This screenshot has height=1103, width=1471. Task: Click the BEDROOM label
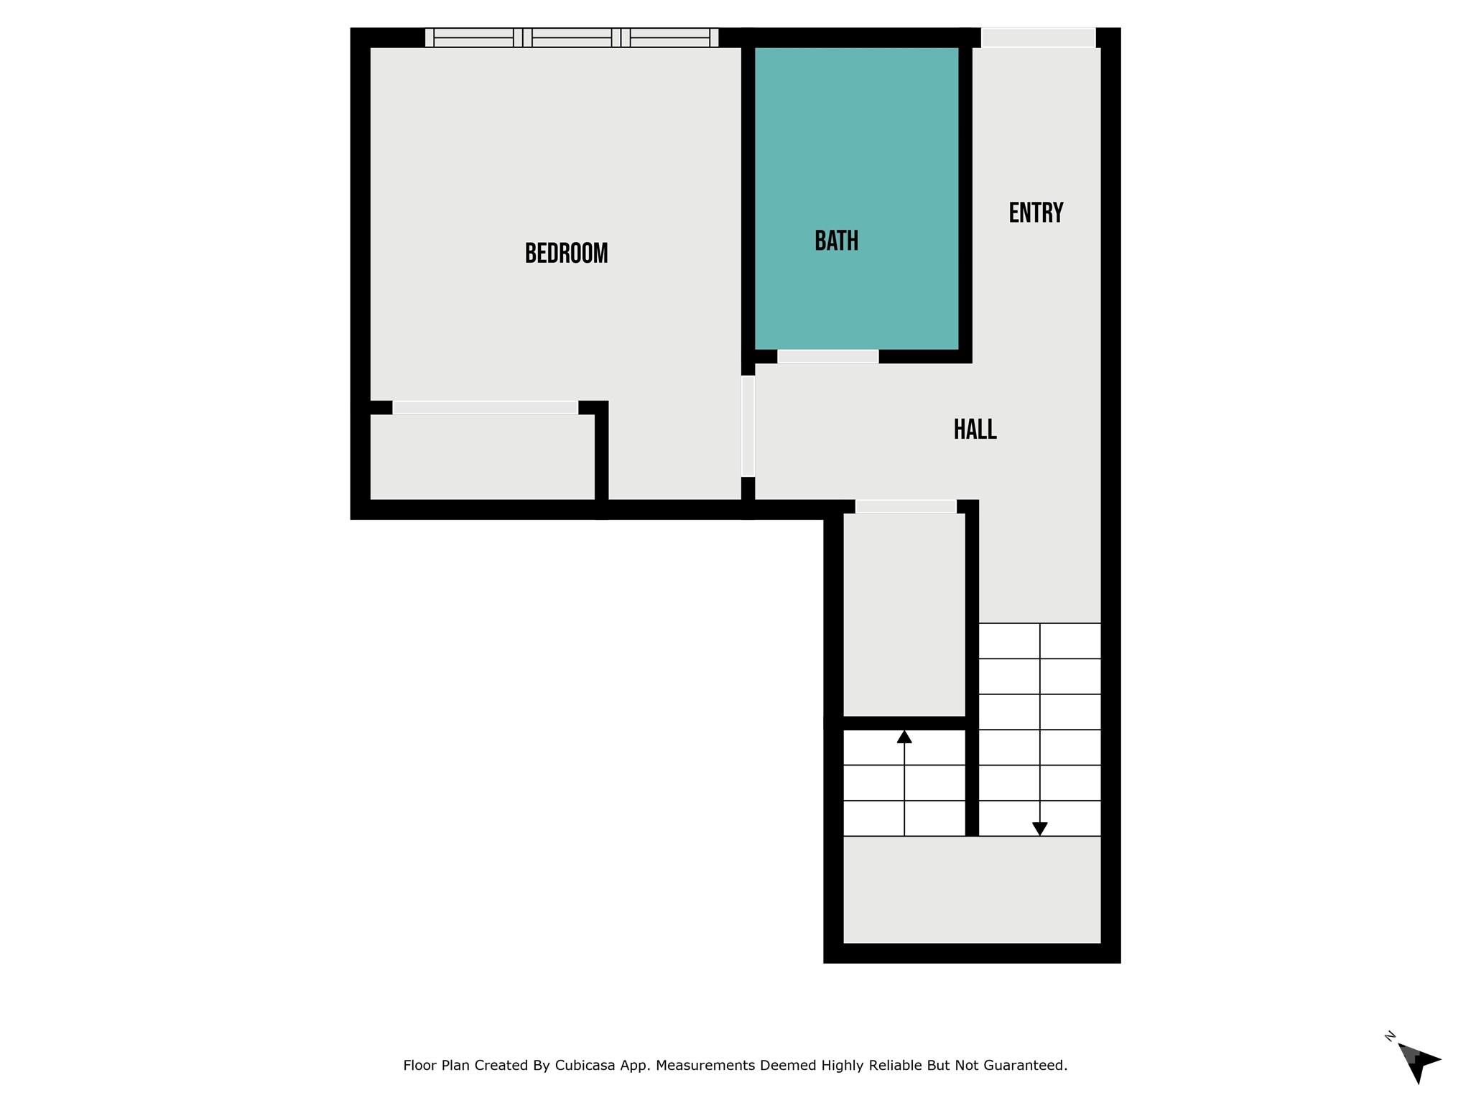tap(566, 253)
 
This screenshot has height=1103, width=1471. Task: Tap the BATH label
tap(836, 241)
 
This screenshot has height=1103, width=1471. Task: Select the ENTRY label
tap(1036, 213)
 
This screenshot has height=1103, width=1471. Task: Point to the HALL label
tap(975, 429)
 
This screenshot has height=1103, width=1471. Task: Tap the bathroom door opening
tap(827, 356)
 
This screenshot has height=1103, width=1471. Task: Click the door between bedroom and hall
tap(748, 426)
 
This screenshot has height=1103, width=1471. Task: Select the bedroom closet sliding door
tap(485, 407)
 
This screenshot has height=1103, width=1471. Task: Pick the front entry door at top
tap(1038, 37)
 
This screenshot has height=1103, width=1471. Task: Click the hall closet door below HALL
tap(906, 506)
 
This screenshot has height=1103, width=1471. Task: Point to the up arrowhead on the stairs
tap(904, 737)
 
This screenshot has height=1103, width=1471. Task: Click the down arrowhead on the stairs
tap(1039, 829)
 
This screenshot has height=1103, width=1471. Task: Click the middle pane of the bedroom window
tap(572, 37)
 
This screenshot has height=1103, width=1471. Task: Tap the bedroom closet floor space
tap(482, 457)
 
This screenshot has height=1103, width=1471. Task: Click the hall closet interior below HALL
tap(904, 614)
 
